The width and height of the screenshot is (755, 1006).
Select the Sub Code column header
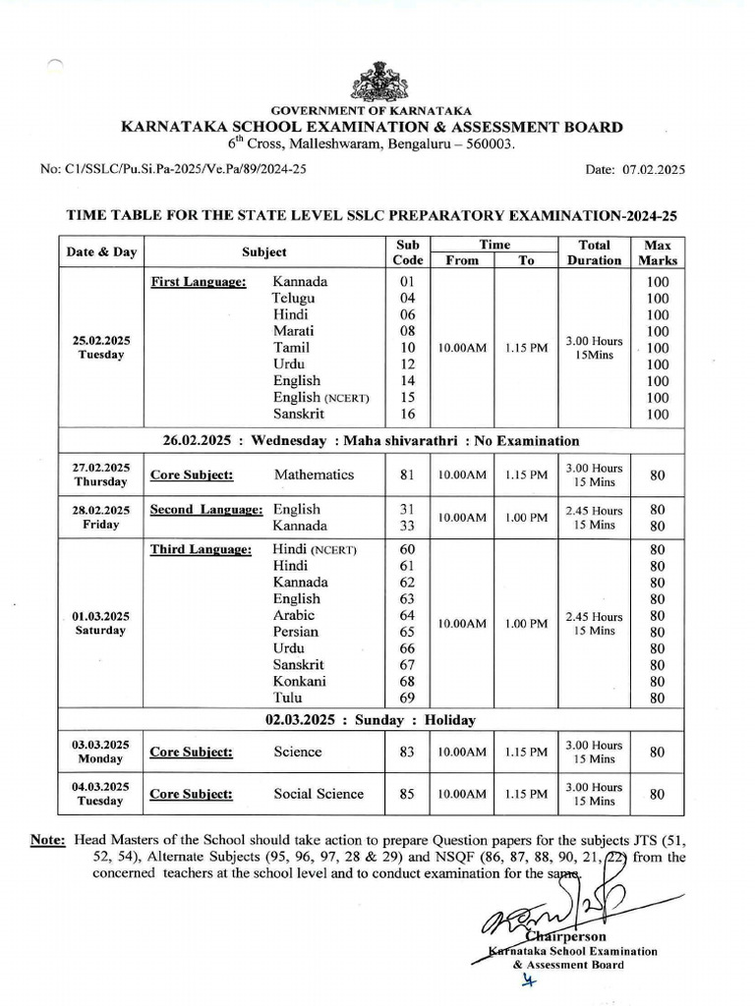(x=408, y=251)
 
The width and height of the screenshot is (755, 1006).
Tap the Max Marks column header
(x=658, y=251)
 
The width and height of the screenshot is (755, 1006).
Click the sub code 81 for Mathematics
(x=408, y=475)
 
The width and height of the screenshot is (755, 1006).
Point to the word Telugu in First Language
(x=294, y=298)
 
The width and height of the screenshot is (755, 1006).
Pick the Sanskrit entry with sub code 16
(x=301, y=415)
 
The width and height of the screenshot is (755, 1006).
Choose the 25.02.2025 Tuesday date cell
(x=101, y=347)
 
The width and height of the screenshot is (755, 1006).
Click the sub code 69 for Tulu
(x=408, y=698)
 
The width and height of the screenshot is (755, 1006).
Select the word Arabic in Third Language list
(x=294, y=615)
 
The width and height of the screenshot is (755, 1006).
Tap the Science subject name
(x=298, y=752)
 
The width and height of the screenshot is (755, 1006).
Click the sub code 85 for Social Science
(x=408, y=794)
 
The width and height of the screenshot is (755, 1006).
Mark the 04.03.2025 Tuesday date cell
(x=101, y=794)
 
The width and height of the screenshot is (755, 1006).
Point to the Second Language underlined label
(x=206, y=510)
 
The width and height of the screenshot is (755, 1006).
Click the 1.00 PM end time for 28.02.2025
(x=526, y=518)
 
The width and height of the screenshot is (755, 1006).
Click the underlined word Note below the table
(x=48, y=841)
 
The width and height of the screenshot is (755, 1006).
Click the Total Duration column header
(x=594, y=251)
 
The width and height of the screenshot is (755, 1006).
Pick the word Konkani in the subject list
(x=300, y=681)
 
